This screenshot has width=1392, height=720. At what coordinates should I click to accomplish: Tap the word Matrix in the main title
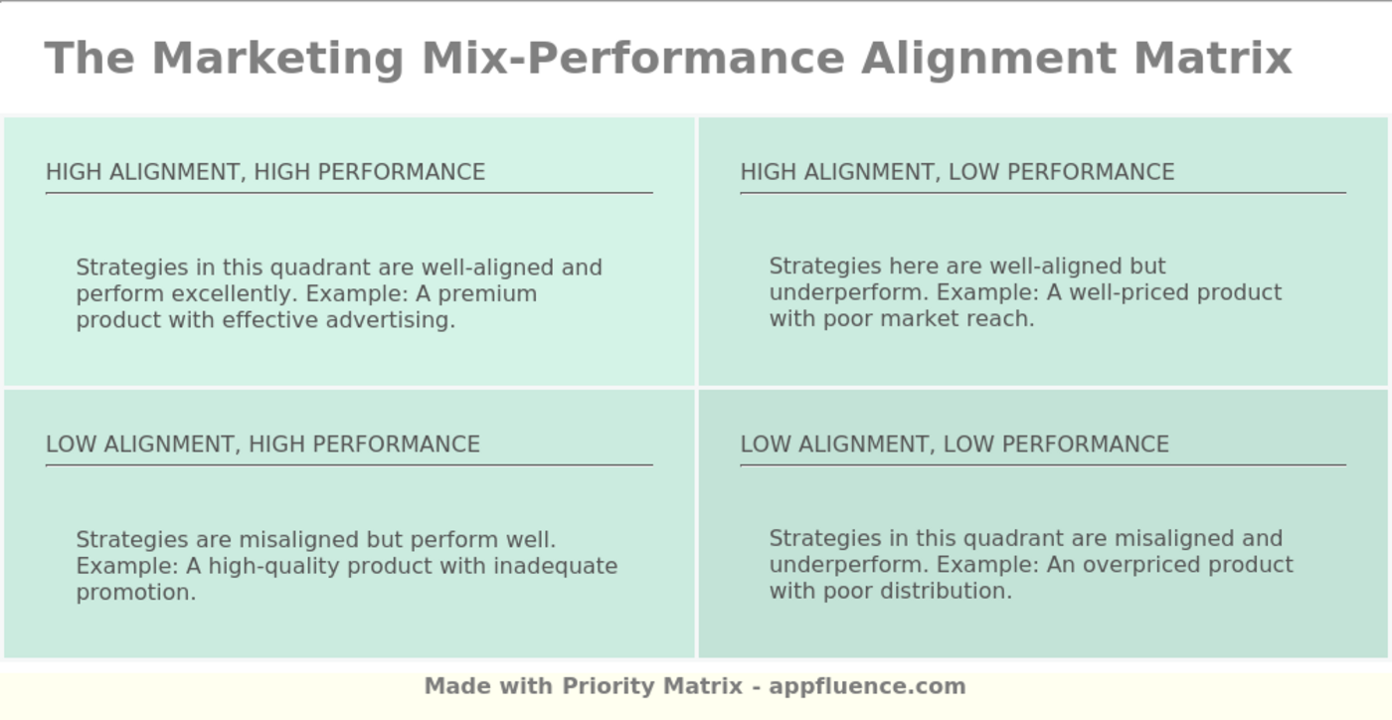click(1212, 59)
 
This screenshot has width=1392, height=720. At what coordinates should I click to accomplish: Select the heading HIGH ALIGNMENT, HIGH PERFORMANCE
click(265, 172)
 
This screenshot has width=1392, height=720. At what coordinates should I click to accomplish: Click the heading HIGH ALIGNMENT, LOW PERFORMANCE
click(957, 172)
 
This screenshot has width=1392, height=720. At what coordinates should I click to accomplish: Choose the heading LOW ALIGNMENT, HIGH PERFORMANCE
click(262, 445)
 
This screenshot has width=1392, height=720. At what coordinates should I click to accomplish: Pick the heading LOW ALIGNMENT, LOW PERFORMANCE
click(955, 445)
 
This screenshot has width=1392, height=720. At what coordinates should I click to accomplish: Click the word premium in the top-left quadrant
click(487, 294)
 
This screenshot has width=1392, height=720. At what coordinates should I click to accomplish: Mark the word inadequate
click(555, 567)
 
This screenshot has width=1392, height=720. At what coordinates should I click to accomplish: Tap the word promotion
click(136, 593)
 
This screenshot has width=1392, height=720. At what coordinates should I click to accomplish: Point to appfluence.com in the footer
click(867, 687)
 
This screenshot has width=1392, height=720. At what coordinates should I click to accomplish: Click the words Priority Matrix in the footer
click(652, 686)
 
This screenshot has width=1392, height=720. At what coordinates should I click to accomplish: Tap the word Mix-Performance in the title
click(633, 59)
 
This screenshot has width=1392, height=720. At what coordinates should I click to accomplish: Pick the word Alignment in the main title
click(988, 60)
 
